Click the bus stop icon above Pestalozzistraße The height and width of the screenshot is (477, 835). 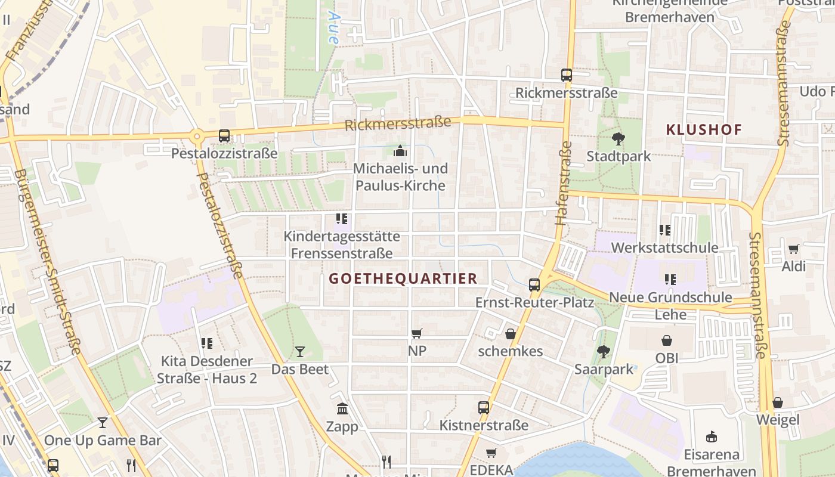pyautogui.click(x=224, y=136)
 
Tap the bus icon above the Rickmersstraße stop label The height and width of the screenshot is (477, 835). pyautogui.click(x=567, y=75)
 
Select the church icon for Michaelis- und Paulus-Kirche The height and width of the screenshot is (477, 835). pyautogui.click(x=400, y=151)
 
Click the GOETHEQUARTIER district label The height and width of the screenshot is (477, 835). pyautogui.click(x=403, y=278)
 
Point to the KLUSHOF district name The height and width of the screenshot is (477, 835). pyautogui.click(x=704, y=129)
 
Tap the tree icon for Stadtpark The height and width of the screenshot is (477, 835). pyautogui.click(x=618, y=139)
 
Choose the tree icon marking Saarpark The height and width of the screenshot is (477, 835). pyautogui.click(x=604, y=351)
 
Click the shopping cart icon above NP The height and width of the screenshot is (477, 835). pyautogui.click(x=417, y=333)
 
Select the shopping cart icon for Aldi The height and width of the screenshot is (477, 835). pyautogui.click(x=793, y=249)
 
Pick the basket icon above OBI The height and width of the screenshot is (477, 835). pyautogui.click(x=667, y=340)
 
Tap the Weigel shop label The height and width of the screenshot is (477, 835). pyautogui.click(x=778, y=420)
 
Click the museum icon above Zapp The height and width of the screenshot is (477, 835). pyautogui.click(x=342, y=409)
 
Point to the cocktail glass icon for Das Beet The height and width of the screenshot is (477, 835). pyautogui.click(x=300, y=352)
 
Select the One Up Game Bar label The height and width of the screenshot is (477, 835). pyautogui.click(x=103, y=441)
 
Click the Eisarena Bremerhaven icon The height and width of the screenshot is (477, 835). pyautogui.click(x=711, y=437)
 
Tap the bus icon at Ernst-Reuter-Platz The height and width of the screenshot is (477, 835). pyautogui.click(x=534, y=285)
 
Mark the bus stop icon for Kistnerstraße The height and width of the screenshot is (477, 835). pyautogui.click(x=484, y=408)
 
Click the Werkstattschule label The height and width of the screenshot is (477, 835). pyautogui.click(x=664, y=247)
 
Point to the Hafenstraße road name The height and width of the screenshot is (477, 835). pyautogui.click(x=564, y=182)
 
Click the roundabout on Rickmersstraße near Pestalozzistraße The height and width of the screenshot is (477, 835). pyautogui.click(x=196, y=137)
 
